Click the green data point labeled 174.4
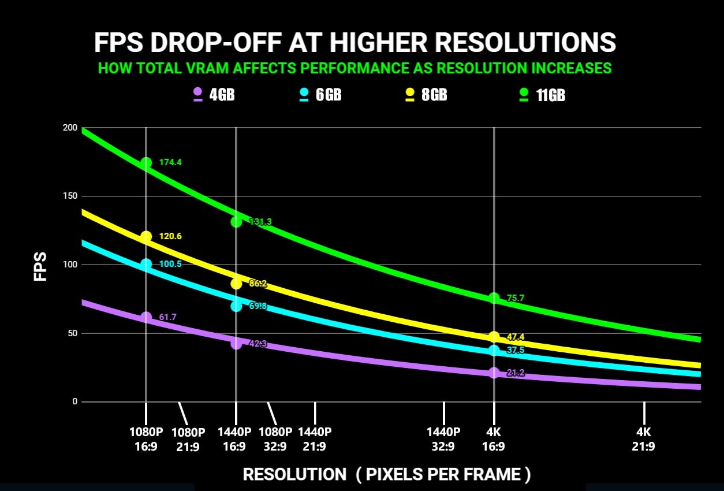click(x=146, y=163)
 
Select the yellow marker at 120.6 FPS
click(x=146, y=236)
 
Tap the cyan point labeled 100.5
click(x=146, y=264)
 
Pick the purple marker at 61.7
click(x=146, y=317)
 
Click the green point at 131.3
click(x=236, y=221)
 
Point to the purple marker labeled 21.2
click(x=494, y=373)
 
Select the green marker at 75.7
click(x=494, y=298)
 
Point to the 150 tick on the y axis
click(x=69, y=196)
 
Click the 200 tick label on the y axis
click(x=69, y=128)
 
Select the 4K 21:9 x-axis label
click(x=644, y=438)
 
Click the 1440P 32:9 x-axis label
click(x=443, y=438)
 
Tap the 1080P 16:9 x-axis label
click(x=146, y=438)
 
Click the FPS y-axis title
click(x=40, y=266)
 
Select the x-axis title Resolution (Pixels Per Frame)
click(x=386, y=474)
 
